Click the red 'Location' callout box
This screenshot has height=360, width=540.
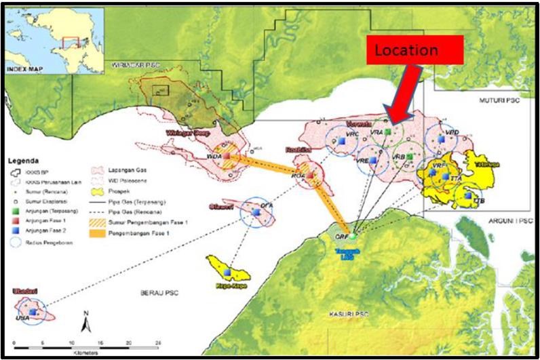pyautogui.click(x=414, y=50)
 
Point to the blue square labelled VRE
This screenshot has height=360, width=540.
pyautogui.click(x=372, y=161)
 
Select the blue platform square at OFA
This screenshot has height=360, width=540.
pyautogui.click(x=257, y=212)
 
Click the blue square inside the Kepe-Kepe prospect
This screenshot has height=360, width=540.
pyautogui.click(x=227, y=272)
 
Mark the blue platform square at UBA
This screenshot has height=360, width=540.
pyautogui.click(x=32, y=311)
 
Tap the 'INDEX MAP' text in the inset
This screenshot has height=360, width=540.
pyautogui.click(x=26, y=69)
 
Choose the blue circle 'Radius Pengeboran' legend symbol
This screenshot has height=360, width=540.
pyautogui.click(x=14, y=239)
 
